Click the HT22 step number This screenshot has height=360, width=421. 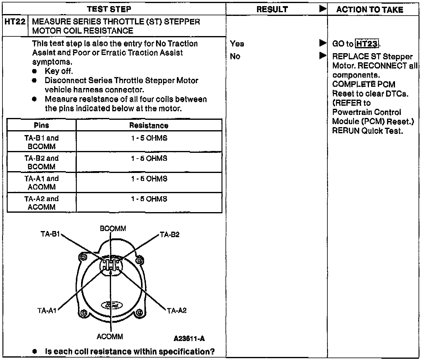click(15, 22)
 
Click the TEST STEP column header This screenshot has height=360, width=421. click(109, 9)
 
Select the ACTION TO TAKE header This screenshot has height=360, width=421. click(370, 10)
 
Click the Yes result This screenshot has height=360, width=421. click(237, 44)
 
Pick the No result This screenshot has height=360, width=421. click(235, 57)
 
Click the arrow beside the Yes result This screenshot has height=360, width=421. click(322, 43)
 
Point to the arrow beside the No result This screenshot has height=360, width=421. click(322, 56)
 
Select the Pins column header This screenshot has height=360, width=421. click(41, 125)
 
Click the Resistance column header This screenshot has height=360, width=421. click(149, 126)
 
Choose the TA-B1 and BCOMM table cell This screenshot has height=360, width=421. click(42, 142)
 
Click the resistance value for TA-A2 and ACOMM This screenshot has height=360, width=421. click(149, 199)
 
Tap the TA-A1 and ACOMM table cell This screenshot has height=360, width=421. click(42, 182)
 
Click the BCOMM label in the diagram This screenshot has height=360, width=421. click(113, 229)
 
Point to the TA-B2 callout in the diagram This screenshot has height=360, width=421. click(170, 235)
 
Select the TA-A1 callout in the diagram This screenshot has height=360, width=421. click(47, 311)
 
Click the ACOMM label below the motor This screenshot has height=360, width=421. click(110, 337)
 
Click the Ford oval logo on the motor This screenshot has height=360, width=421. click(112, 305)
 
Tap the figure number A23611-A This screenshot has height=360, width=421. click(189, 339)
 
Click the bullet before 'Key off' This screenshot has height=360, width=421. click(35, 71)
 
